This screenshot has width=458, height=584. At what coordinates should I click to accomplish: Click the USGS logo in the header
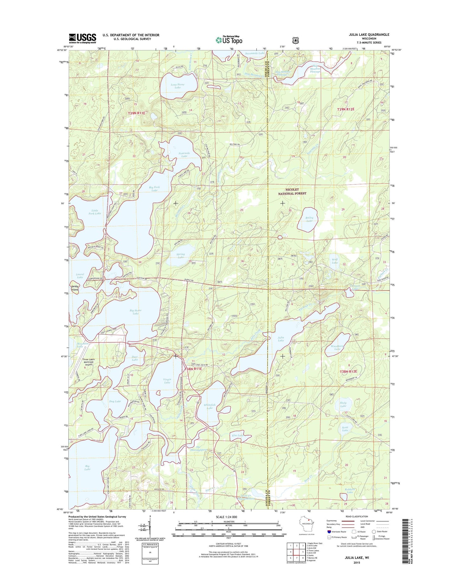click(x=82, y=38)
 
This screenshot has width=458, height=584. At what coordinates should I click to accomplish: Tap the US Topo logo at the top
click(x=229, y=40)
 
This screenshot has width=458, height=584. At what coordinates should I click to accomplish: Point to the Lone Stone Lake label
click(x=177, y=86)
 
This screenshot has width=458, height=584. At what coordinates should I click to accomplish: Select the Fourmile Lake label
click(x=184, y=155)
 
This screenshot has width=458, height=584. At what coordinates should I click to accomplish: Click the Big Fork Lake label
click(x=154, y=189)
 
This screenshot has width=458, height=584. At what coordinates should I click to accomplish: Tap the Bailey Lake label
click(x=309, y=219)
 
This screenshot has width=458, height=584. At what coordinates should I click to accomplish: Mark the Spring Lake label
click(x=181, y=256)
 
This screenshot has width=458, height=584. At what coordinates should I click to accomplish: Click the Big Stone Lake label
click(x=136, y=312)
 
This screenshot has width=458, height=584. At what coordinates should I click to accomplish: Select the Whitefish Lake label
click(x=210, y=406)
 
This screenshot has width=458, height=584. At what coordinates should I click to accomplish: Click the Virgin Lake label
click(x=167, y=381)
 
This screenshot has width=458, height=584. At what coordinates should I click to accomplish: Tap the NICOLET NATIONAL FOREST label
click(x=292, y=191)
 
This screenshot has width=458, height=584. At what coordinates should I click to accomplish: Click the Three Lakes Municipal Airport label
click(x=89, y=362)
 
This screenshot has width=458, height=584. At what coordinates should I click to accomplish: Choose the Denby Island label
click(x=74, y=288)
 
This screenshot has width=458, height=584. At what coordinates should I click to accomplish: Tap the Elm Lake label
click(x=238, y=435)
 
